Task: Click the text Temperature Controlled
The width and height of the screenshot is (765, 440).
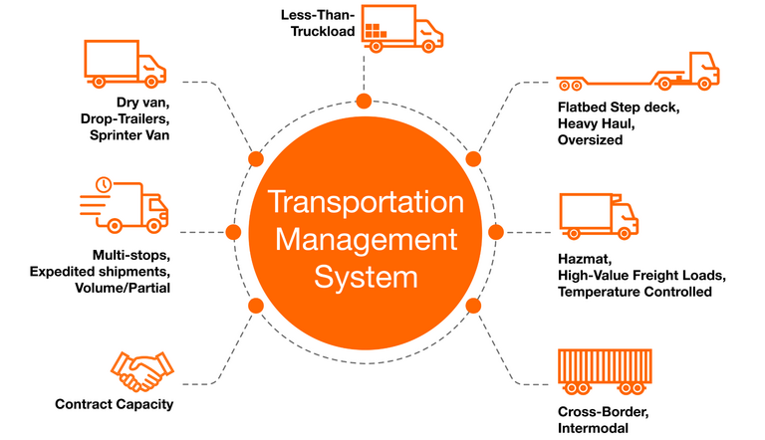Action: (635, 293)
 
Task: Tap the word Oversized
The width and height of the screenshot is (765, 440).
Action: (591, 140)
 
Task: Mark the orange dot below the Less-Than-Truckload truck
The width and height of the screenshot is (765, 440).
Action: (364, 101)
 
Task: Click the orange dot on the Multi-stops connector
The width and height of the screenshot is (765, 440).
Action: (234, 233)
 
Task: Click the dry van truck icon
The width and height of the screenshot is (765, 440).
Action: (126, 64)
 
